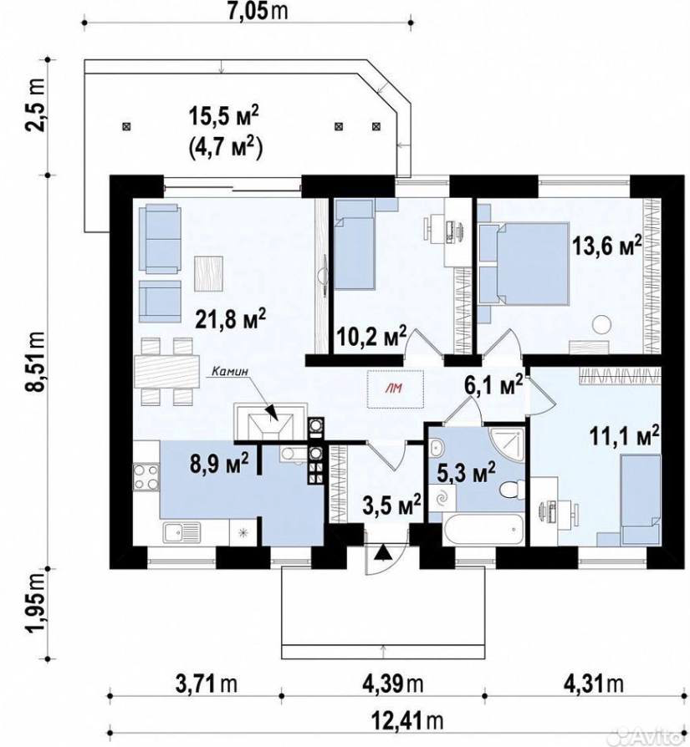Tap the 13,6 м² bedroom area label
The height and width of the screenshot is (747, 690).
pyautogui.click(x=606, y=246)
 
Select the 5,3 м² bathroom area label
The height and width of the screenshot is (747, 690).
pyautogui.click(x=467, y=472)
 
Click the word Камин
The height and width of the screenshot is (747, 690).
pyautogui.click(x=230, y=370)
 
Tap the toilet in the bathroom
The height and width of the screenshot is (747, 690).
pyautogui.click(x=511, y=490)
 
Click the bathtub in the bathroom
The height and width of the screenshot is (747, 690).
pyautogui.click(x=483, y=528)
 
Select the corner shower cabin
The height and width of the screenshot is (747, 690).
pyautogui.click(x=506, y=445)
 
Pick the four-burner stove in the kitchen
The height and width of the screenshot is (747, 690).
pyautogui.click(x=146, y=476)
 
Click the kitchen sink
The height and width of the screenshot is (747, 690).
pyautogui.click(x=181, y=532)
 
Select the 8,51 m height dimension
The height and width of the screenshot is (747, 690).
pyautogui.click(x=37, y=362)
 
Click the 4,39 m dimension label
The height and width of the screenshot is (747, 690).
pyautogui.click(x=392, y=684)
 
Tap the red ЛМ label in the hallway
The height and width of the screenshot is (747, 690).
pyautogui.click(x=396, y=389)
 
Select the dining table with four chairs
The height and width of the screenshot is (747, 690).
pyautogui.click(x=166, y=372)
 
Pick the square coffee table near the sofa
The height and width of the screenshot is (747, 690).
pyautogui.click(x=209, y=273)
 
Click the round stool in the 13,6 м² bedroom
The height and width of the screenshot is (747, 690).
pyautogui.click(x=602, y=325)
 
